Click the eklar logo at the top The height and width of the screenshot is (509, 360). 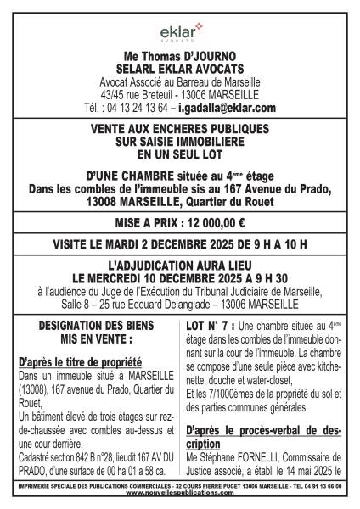[x=180, y=33]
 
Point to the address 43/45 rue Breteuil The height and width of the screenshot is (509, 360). [x=139, y=95]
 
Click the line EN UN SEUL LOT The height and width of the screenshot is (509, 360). [x=179, y=156]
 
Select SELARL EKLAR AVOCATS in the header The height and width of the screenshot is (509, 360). [x=179, y=70]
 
